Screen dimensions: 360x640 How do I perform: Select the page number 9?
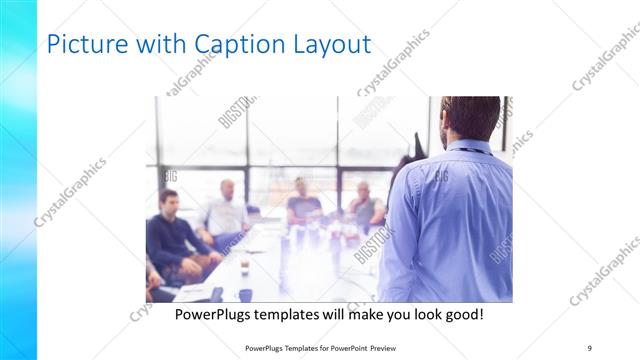click(589, 347)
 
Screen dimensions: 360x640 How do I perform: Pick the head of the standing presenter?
click(471, 118)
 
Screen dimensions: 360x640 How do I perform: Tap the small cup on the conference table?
click(244, 267)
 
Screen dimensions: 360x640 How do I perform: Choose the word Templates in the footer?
click(297, 347)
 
